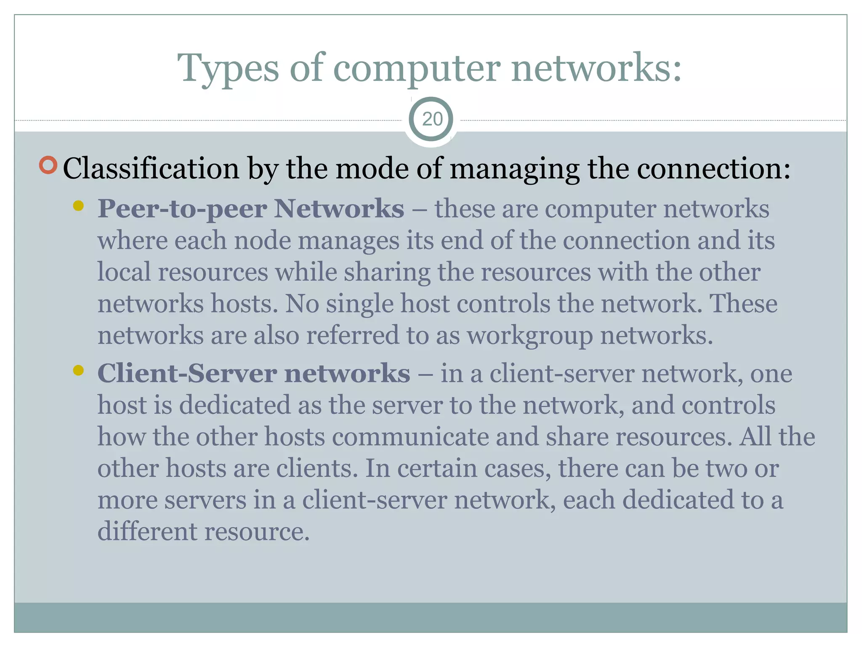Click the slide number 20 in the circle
pyautogui.click(x=432, y=119)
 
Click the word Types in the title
pyautogui.click(x=228, y=68)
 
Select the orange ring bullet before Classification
pyautogui.click(x=48, y=165)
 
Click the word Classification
pyautogui.click(x=151, y=168)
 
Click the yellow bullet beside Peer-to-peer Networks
pyautogui.click(x=78, y=206)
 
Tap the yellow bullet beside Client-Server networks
pyautogui.click(x=78, y=370)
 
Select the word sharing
pyautogui.click(x=387, y=273)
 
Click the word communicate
pyautogui.click(x=410, y=437)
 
